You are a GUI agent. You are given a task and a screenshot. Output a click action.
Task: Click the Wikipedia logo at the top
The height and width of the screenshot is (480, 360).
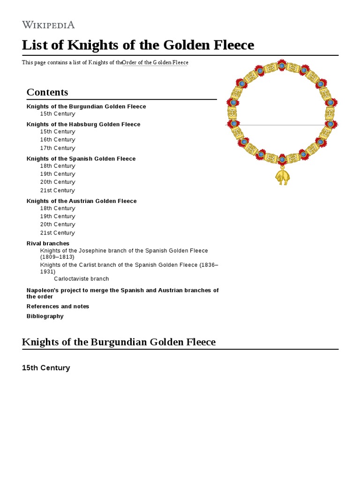tap(48, 25)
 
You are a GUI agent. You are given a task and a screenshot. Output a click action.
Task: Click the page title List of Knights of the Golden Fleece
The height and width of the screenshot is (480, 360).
tap(138, 45)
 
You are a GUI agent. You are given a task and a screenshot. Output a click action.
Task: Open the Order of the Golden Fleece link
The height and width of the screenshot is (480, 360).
tap(155, 63)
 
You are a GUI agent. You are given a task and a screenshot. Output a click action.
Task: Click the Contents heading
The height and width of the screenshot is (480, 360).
tap(47, 92)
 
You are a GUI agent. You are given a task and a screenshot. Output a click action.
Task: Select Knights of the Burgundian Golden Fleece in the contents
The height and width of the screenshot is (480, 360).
tap(86, 106)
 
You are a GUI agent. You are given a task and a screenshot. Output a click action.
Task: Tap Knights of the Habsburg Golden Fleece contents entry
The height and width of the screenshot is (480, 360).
tap(83, 124)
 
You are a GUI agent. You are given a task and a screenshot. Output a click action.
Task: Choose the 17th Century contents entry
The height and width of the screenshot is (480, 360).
tap(58, 148)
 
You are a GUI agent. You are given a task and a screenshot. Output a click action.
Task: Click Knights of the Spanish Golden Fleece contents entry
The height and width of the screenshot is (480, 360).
tap(81, 158)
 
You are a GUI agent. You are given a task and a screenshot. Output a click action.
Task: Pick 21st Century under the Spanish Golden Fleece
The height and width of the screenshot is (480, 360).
tap(58, 190)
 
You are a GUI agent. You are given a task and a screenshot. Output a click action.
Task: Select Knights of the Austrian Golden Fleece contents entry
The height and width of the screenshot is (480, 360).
tap(82, 201)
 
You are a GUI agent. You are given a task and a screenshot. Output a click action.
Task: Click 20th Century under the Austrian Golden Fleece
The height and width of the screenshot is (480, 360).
tap(58, 225)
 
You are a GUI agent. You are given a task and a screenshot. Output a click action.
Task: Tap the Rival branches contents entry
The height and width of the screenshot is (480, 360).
tap(48, 243)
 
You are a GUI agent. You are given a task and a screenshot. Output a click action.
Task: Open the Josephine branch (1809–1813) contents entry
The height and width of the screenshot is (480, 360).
tap(124, 254)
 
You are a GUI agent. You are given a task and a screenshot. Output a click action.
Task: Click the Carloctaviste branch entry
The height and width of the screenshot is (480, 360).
tap(82, 279)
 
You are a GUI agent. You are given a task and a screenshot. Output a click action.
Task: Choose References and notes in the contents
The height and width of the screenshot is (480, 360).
tap(58, 306)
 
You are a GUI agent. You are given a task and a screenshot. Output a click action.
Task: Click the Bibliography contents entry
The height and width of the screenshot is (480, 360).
tap(45, 316)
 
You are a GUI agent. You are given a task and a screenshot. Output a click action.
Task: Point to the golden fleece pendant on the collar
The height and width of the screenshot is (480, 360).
tap(282, 177)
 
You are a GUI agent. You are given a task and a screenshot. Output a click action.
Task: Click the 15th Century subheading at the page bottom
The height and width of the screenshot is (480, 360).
tap(46, 368)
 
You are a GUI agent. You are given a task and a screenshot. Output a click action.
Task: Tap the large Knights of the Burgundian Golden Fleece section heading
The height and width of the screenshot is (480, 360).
tap(119, 342)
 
